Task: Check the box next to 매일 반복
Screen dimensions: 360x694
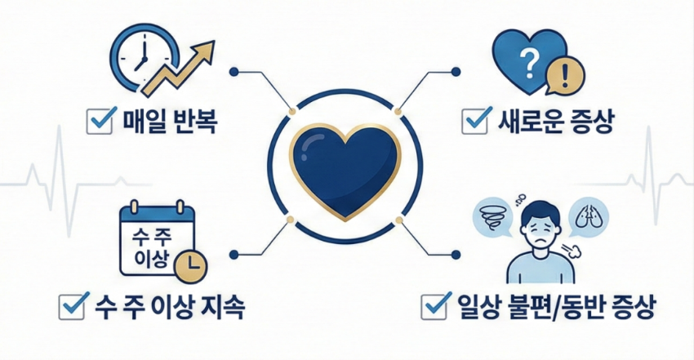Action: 100,122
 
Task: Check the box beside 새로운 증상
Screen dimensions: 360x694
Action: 474,122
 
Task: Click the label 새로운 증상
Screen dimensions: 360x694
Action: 554,123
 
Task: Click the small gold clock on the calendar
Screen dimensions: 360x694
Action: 193,262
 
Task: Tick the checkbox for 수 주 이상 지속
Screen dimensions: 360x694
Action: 75,308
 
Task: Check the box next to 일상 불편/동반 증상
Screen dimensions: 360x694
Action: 433,308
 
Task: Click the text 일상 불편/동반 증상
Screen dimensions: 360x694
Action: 543,309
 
